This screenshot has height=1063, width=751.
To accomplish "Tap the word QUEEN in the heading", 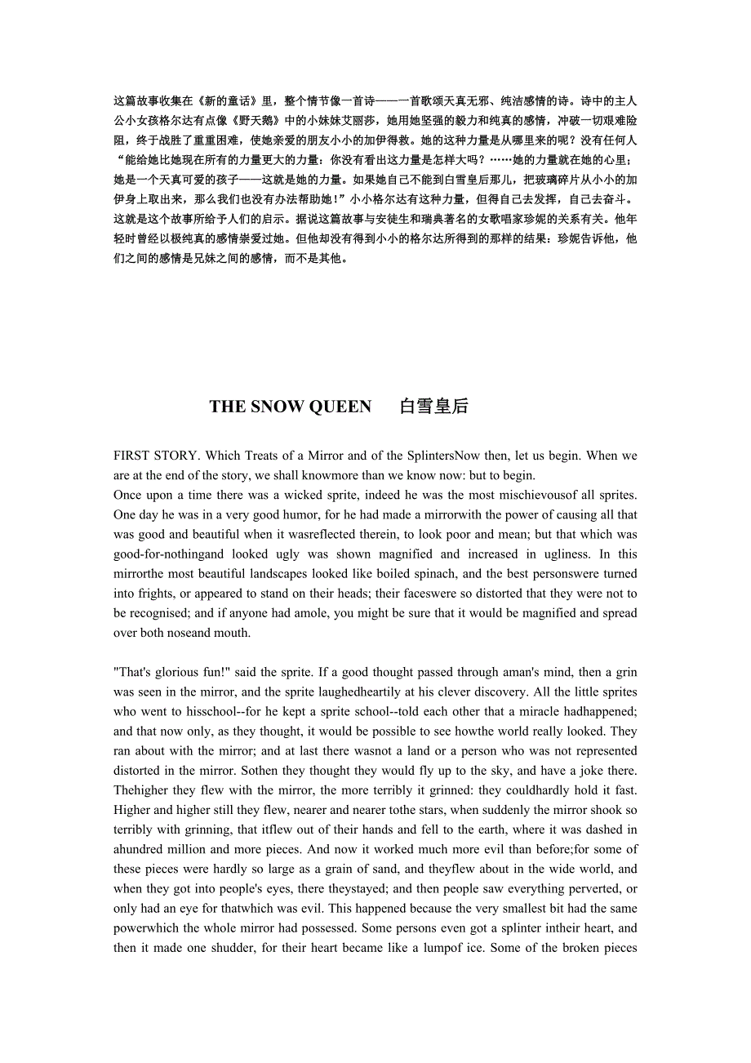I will pyautogui.click(x=341, y=407).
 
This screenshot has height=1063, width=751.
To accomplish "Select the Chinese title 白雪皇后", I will pyautogui.click(x=434, y=407).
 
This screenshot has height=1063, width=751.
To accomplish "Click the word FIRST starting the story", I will pyautogui.click(x=131, y=456).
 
